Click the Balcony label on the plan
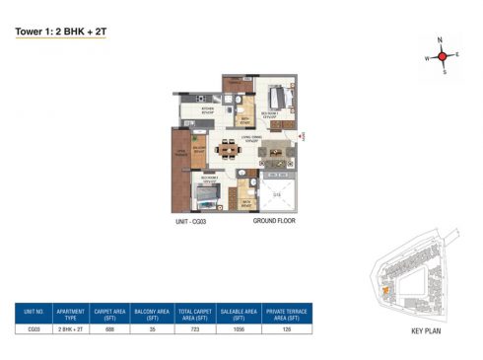199,149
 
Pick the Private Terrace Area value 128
288,330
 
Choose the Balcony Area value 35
154,330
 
